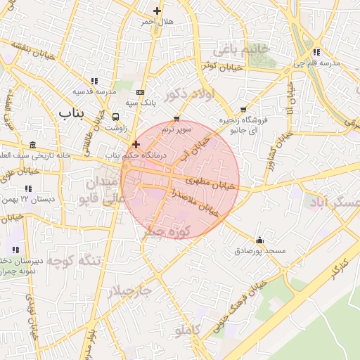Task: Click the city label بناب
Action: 71,112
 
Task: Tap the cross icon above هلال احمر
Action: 157,11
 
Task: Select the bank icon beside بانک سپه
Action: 141,92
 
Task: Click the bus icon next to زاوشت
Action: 115,117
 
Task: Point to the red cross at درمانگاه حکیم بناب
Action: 136,143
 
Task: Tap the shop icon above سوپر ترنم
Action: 176,119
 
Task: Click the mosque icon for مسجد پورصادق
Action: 260,240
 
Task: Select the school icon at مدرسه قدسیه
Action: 95,81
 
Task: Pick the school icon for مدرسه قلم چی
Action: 317,52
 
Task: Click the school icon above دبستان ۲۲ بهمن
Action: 28,188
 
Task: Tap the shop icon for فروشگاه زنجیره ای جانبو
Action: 243,110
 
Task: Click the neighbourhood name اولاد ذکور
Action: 186,94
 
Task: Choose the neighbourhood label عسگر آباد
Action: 334,202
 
